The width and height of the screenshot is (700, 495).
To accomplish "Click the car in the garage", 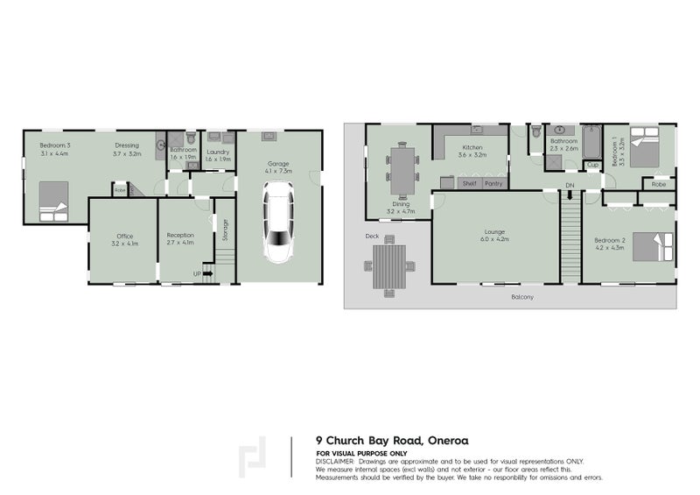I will click(x=280, y=223).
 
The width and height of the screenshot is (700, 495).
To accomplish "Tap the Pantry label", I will click(x=493, y=184).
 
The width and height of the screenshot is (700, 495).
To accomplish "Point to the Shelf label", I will click(x=469, y=184).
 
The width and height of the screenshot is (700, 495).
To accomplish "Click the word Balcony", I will click(x=524, y=298).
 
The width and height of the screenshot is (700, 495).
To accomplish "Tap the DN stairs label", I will click(x=570, y=186).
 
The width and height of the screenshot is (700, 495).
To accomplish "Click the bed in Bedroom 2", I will click(x=651, y=246).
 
